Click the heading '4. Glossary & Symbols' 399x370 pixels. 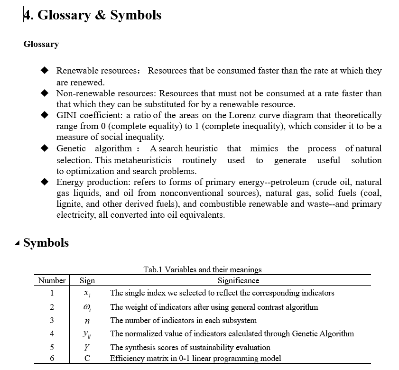93,15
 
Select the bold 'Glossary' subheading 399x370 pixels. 41,45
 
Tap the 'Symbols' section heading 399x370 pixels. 46,243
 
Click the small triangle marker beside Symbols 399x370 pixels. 18,244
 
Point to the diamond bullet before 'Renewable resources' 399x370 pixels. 45,71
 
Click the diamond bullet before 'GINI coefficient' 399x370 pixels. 45,115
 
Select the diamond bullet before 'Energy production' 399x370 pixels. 45,182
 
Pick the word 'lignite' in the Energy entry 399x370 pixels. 69,204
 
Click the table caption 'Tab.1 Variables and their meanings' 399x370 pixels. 203,269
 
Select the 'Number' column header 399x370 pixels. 52,280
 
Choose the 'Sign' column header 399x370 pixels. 87,280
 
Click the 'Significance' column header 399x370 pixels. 239,280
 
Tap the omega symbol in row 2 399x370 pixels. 87,307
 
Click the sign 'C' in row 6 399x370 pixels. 87,358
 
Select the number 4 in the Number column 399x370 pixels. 52,333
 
